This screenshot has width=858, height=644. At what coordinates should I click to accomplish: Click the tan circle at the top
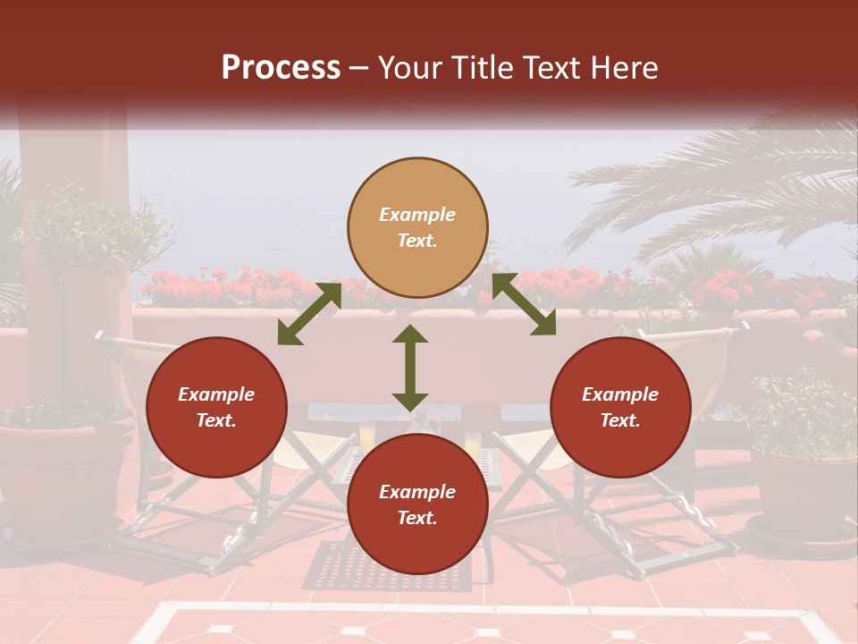(417, 228)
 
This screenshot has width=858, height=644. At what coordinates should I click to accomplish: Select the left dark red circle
(216, 407)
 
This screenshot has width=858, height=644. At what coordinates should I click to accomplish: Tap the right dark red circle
(620, 407)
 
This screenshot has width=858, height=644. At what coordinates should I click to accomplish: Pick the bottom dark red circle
(417, 504)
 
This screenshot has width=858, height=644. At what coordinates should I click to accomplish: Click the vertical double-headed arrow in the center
(410, 368)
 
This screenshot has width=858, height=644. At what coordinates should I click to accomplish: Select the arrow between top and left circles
(309, 314)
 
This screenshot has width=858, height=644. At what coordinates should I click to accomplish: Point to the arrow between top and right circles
(524, 305)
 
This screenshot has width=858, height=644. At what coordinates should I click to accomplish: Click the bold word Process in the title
(281, 67)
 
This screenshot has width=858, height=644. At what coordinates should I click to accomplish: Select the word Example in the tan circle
(417, 215)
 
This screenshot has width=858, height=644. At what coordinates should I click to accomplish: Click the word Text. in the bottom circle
(417, 518)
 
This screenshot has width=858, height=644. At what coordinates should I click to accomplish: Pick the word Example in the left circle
(216, 394)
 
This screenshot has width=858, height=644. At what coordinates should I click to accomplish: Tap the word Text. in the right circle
(620, 420)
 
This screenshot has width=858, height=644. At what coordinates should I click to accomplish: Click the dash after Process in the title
(359, 68)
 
